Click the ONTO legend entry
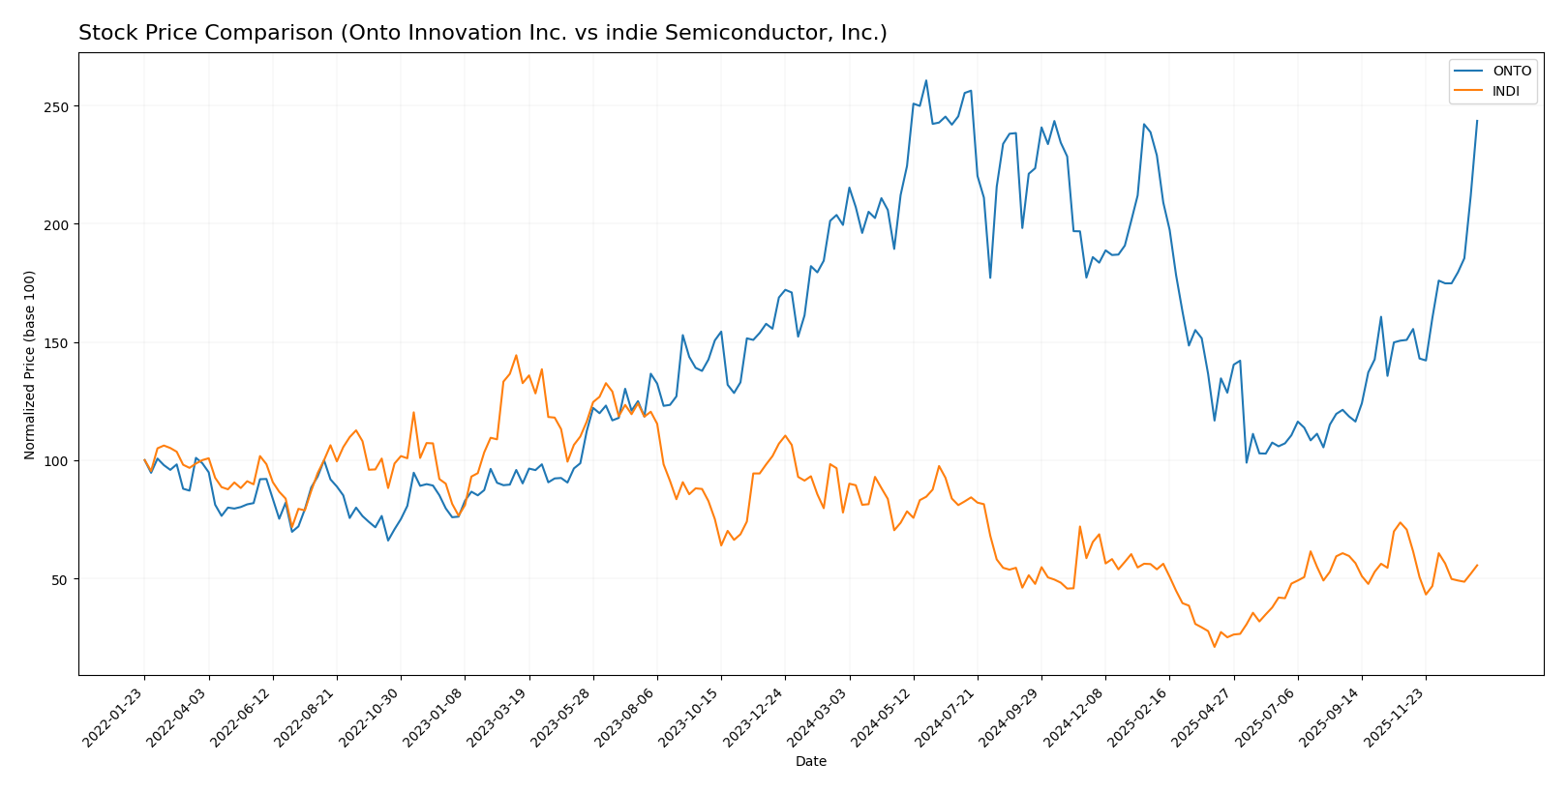(1511, 71)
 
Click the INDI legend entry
(1506, 92)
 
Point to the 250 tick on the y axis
(57, 106)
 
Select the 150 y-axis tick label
(57, 343)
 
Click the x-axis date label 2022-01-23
(114, 717)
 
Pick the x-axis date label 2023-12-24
(755, 717)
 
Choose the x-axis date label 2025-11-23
(1395, 717)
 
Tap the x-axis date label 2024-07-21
(947, 717)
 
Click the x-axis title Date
(810, 762)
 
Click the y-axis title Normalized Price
(30, 365)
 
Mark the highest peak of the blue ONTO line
(925, 80)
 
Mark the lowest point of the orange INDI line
(1214, 646)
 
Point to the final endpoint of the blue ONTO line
(1477, 121)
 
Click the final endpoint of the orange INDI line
(1477, 566)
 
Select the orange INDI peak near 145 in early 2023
(516, 355)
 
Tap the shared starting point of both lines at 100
(144, 460)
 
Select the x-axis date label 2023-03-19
(498, 717)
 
